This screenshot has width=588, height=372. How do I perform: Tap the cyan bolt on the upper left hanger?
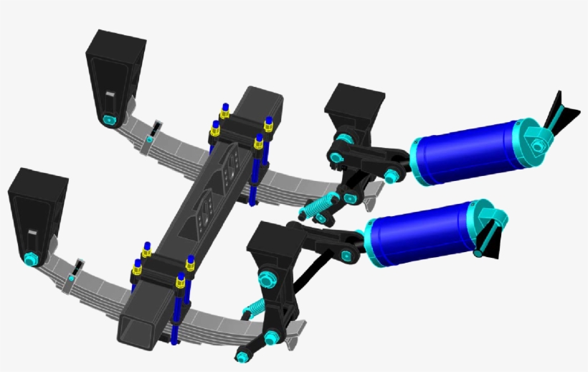click(108, 119)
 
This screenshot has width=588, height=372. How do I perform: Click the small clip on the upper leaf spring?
click(153, 132)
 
